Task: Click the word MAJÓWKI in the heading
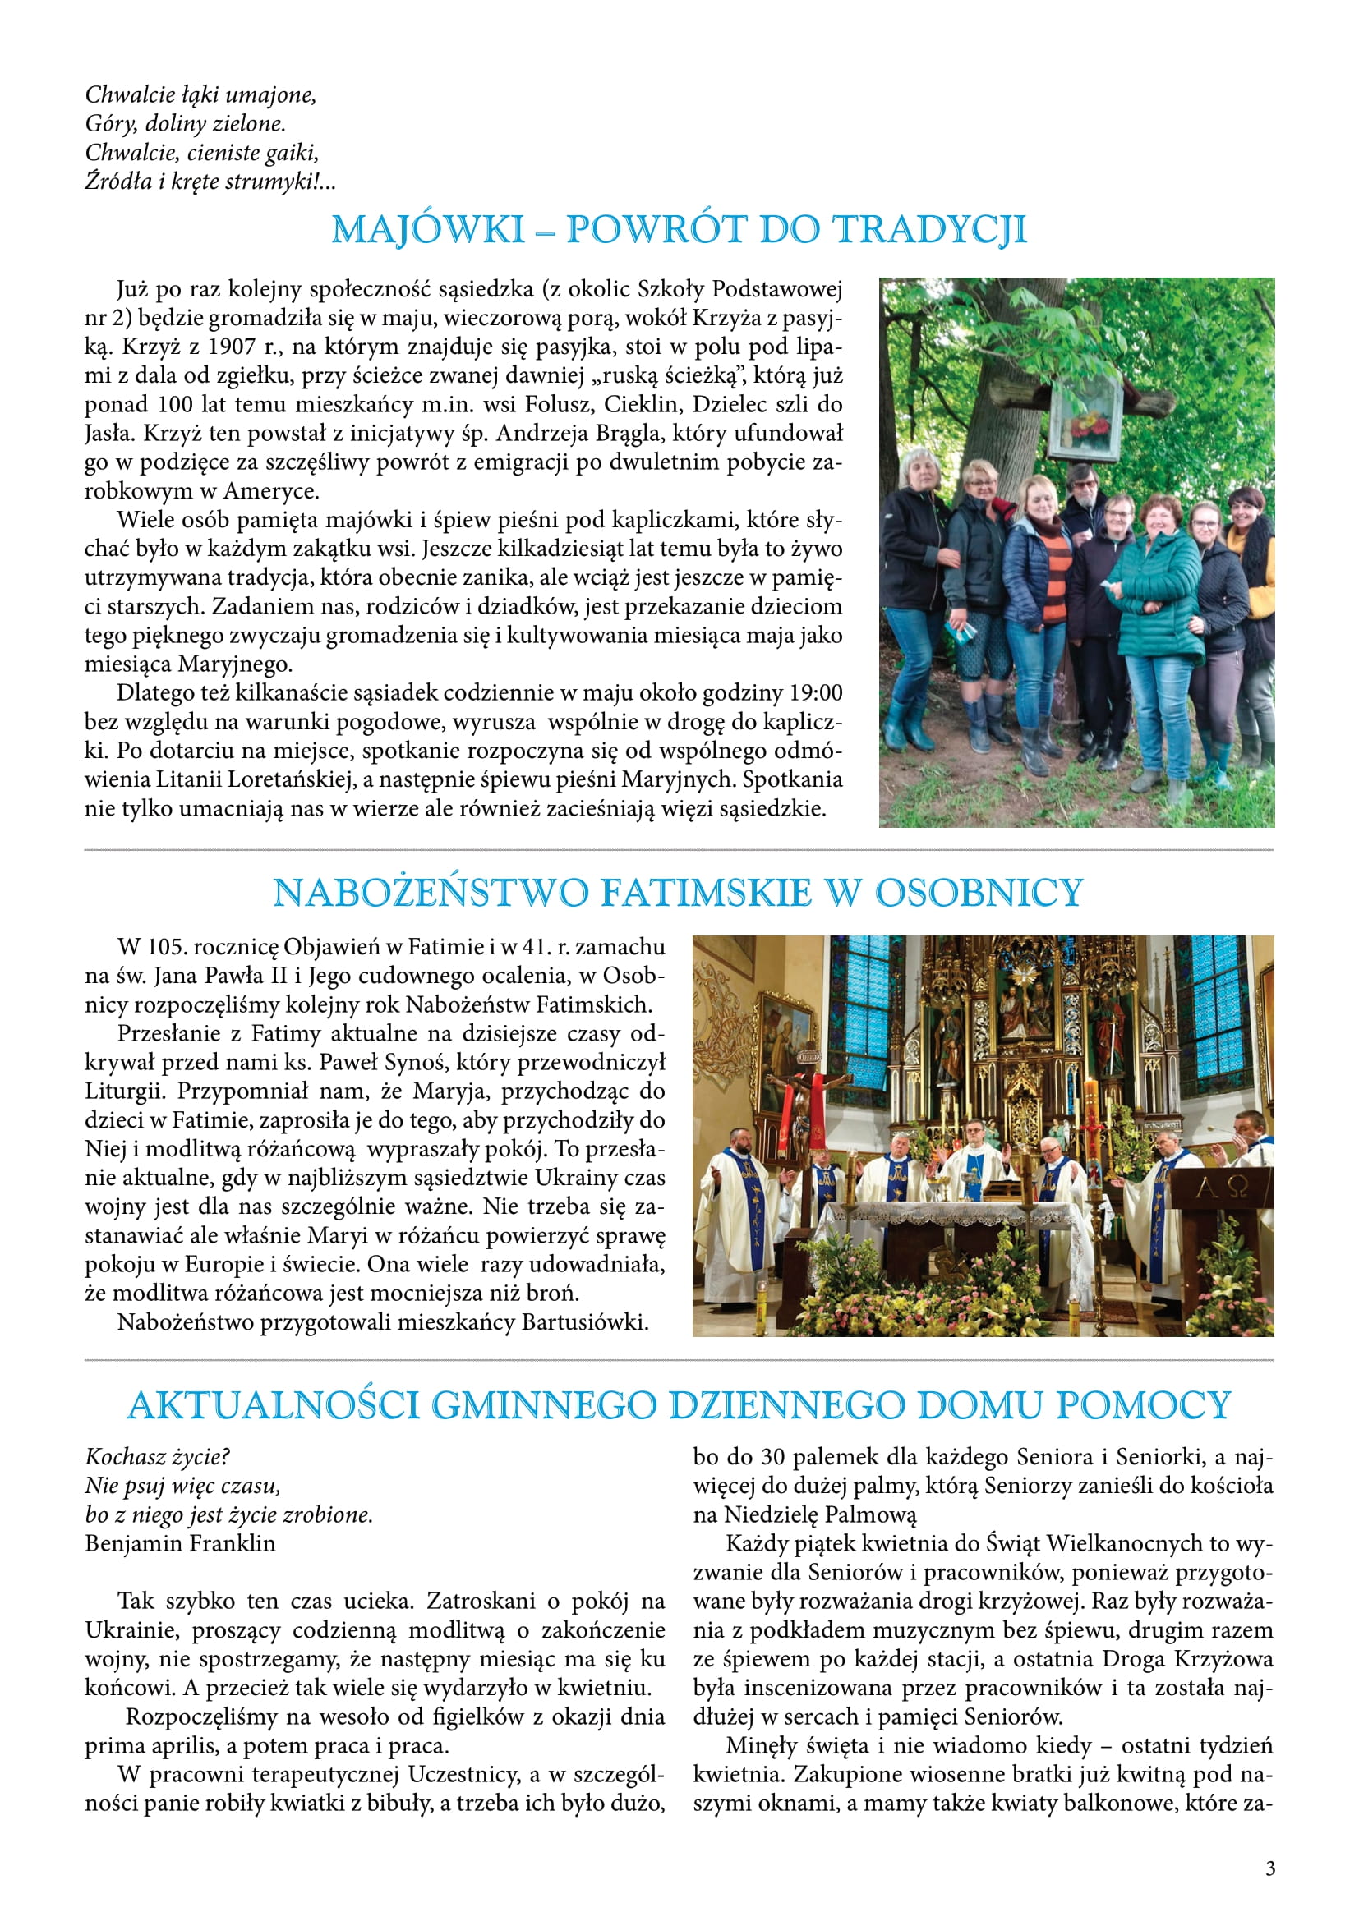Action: (427, 230)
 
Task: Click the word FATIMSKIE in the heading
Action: (705, 893)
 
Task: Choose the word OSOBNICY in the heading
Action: (979, 893)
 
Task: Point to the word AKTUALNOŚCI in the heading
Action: (273, 1404)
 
